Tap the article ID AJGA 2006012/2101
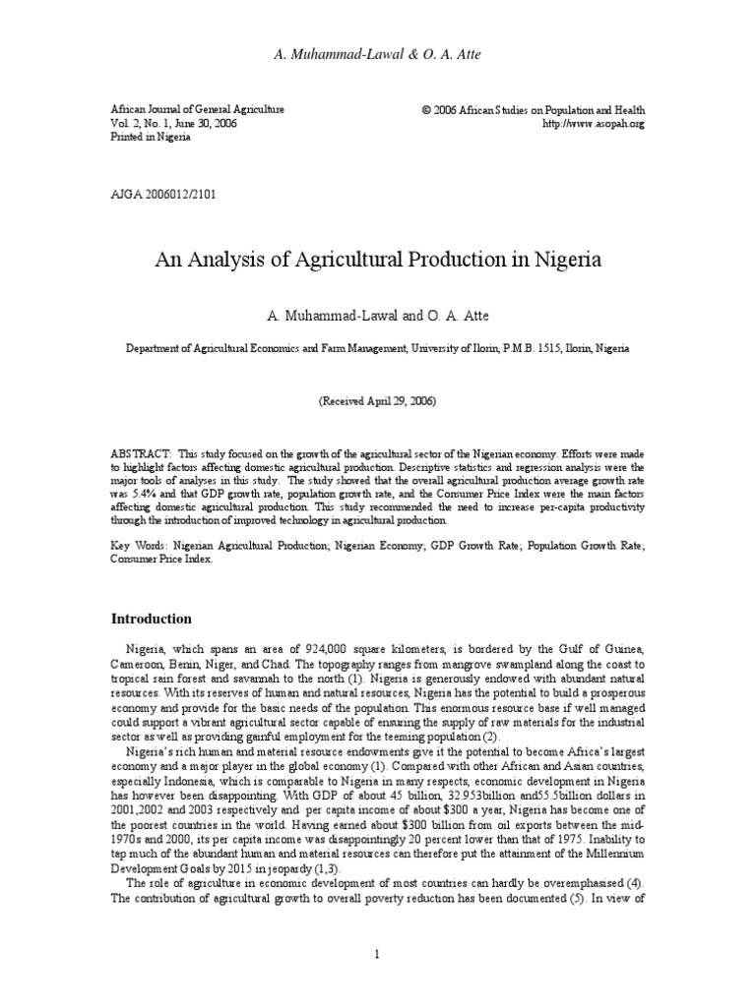(x=163, y=194)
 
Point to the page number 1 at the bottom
(x=378, y=953)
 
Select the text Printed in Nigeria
(x=151, y=138)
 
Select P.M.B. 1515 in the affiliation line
(x=531, y=348)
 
